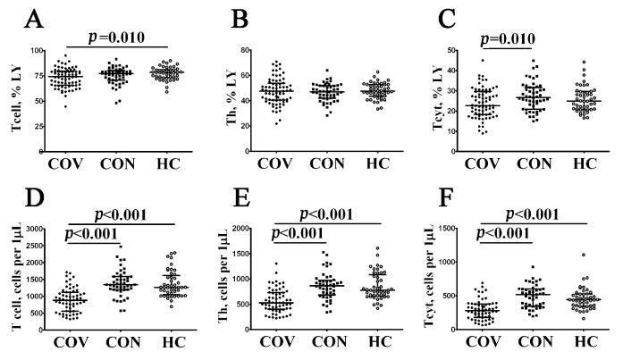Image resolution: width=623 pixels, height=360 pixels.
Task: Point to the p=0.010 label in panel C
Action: pos(508,38)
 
